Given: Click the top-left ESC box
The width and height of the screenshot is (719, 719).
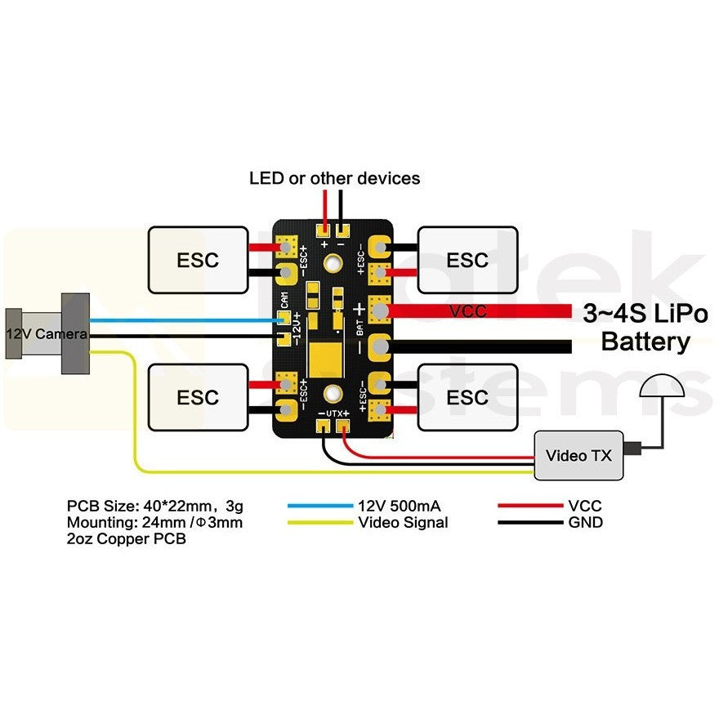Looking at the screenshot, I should (198, 260).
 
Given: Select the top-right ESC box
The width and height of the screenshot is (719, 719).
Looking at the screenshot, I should (467, 260).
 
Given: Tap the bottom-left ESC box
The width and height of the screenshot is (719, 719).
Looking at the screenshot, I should (198, 397).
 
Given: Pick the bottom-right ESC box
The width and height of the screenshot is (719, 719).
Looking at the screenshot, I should (467, 397).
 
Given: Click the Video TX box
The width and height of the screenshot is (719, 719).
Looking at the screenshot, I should (578, 455).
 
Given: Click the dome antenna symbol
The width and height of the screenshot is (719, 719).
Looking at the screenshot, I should (661, 388).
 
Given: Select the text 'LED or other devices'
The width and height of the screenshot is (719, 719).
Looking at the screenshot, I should (334, 177).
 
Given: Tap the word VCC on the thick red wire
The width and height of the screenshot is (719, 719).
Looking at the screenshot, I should (469, 311).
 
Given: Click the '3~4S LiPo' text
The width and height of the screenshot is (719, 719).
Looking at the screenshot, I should (645, 313).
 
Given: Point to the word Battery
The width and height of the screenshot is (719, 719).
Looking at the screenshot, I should (645, 342).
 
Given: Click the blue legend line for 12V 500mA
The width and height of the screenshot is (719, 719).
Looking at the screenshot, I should (319, 506).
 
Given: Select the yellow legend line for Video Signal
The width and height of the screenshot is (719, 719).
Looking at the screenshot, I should (319, 522).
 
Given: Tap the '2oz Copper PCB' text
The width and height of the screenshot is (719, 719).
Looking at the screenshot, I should (127, 539).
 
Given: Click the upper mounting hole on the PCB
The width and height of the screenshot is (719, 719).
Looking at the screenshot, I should (333, 263).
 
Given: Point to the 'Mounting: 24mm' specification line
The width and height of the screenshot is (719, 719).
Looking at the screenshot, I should (154, 522).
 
